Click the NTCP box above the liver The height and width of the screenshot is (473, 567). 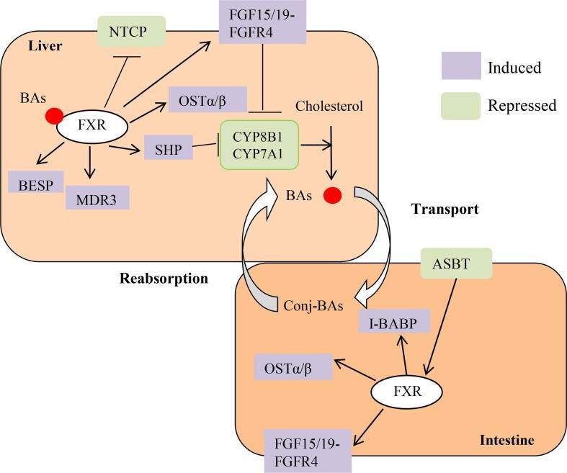tap(132, 31)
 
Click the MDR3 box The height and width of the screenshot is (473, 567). tap(97, 197)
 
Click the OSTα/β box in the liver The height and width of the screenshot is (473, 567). tap(207, 99)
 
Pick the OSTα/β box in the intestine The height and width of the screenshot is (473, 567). tap(294, 367)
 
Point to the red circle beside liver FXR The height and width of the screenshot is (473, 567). tap(53, 116)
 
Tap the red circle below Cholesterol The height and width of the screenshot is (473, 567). tap(332, 194)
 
